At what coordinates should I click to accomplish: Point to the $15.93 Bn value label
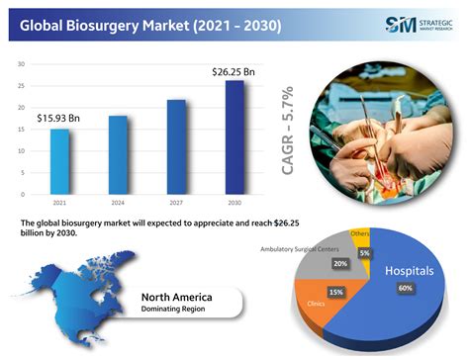coord(58,119)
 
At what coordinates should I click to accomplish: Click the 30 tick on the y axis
coord(21,64)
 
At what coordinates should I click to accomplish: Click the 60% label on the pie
coord(406,288)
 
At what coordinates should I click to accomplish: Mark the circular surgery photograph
coord(387,129)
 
